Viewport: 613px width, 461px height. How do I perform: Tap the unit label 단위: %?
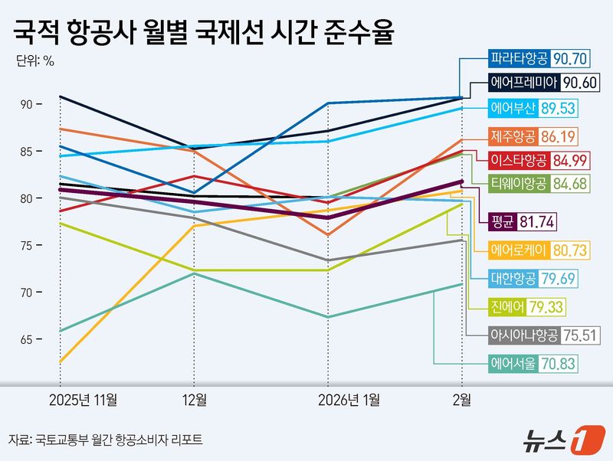34,62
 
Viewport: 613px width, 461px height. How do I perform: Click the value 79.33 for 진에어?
556,306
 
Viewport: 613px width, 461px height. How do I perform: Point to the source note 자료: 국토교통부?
107,440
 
